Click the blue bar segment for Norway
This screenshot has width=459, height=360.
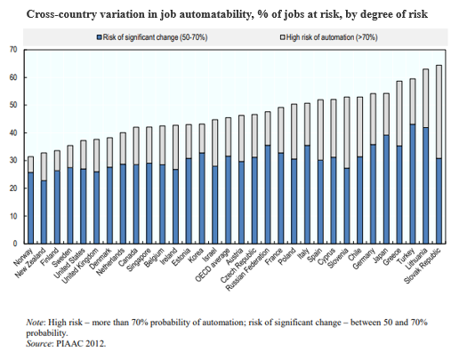pyautogui.click(x=30, y=208)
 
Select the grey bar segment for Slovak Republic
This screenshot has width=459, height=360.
pyautogui.click(x=439, y=112)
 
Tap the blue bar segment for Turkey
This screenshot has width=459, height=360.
pyautogui.click(x=413, y=184)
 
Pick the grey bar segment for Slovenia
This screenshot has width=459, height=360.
pyautogui.click(x=347, y=132)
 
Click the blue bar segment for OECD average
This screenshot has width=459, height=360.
pyautogui.click(x=228, y=200)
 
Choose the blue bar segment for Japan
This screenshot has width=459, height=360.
pyautogui.click(x=386, y=189)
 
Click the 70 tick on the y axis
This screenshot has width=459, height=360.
pyautogui.click(x=14, y=50)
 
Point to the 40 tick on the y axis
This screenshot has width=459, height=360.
pyautogui.click(x=14, y=132)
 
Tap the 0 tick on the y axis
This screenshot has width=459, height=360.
pyautogui.click(x=16, y=244)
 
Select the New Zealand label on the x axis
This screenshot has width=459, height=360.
pyautogui.click(x=31, y=263)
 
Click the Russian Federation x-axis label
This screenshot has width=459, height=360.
pyautogui.click(x=248, y=269)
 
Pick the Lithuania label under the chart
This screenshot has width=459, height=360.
pyautogui.click(x=417, y=259)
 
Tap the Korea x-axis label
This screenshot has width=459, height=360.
pyautogui.click(x=197, y=255)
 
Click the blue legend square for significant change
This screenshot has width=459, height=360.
pyautogui.click(x=100, y=37)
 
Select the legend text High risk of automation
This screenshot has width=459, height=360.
pyautogui.click(x=332, y=37)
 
